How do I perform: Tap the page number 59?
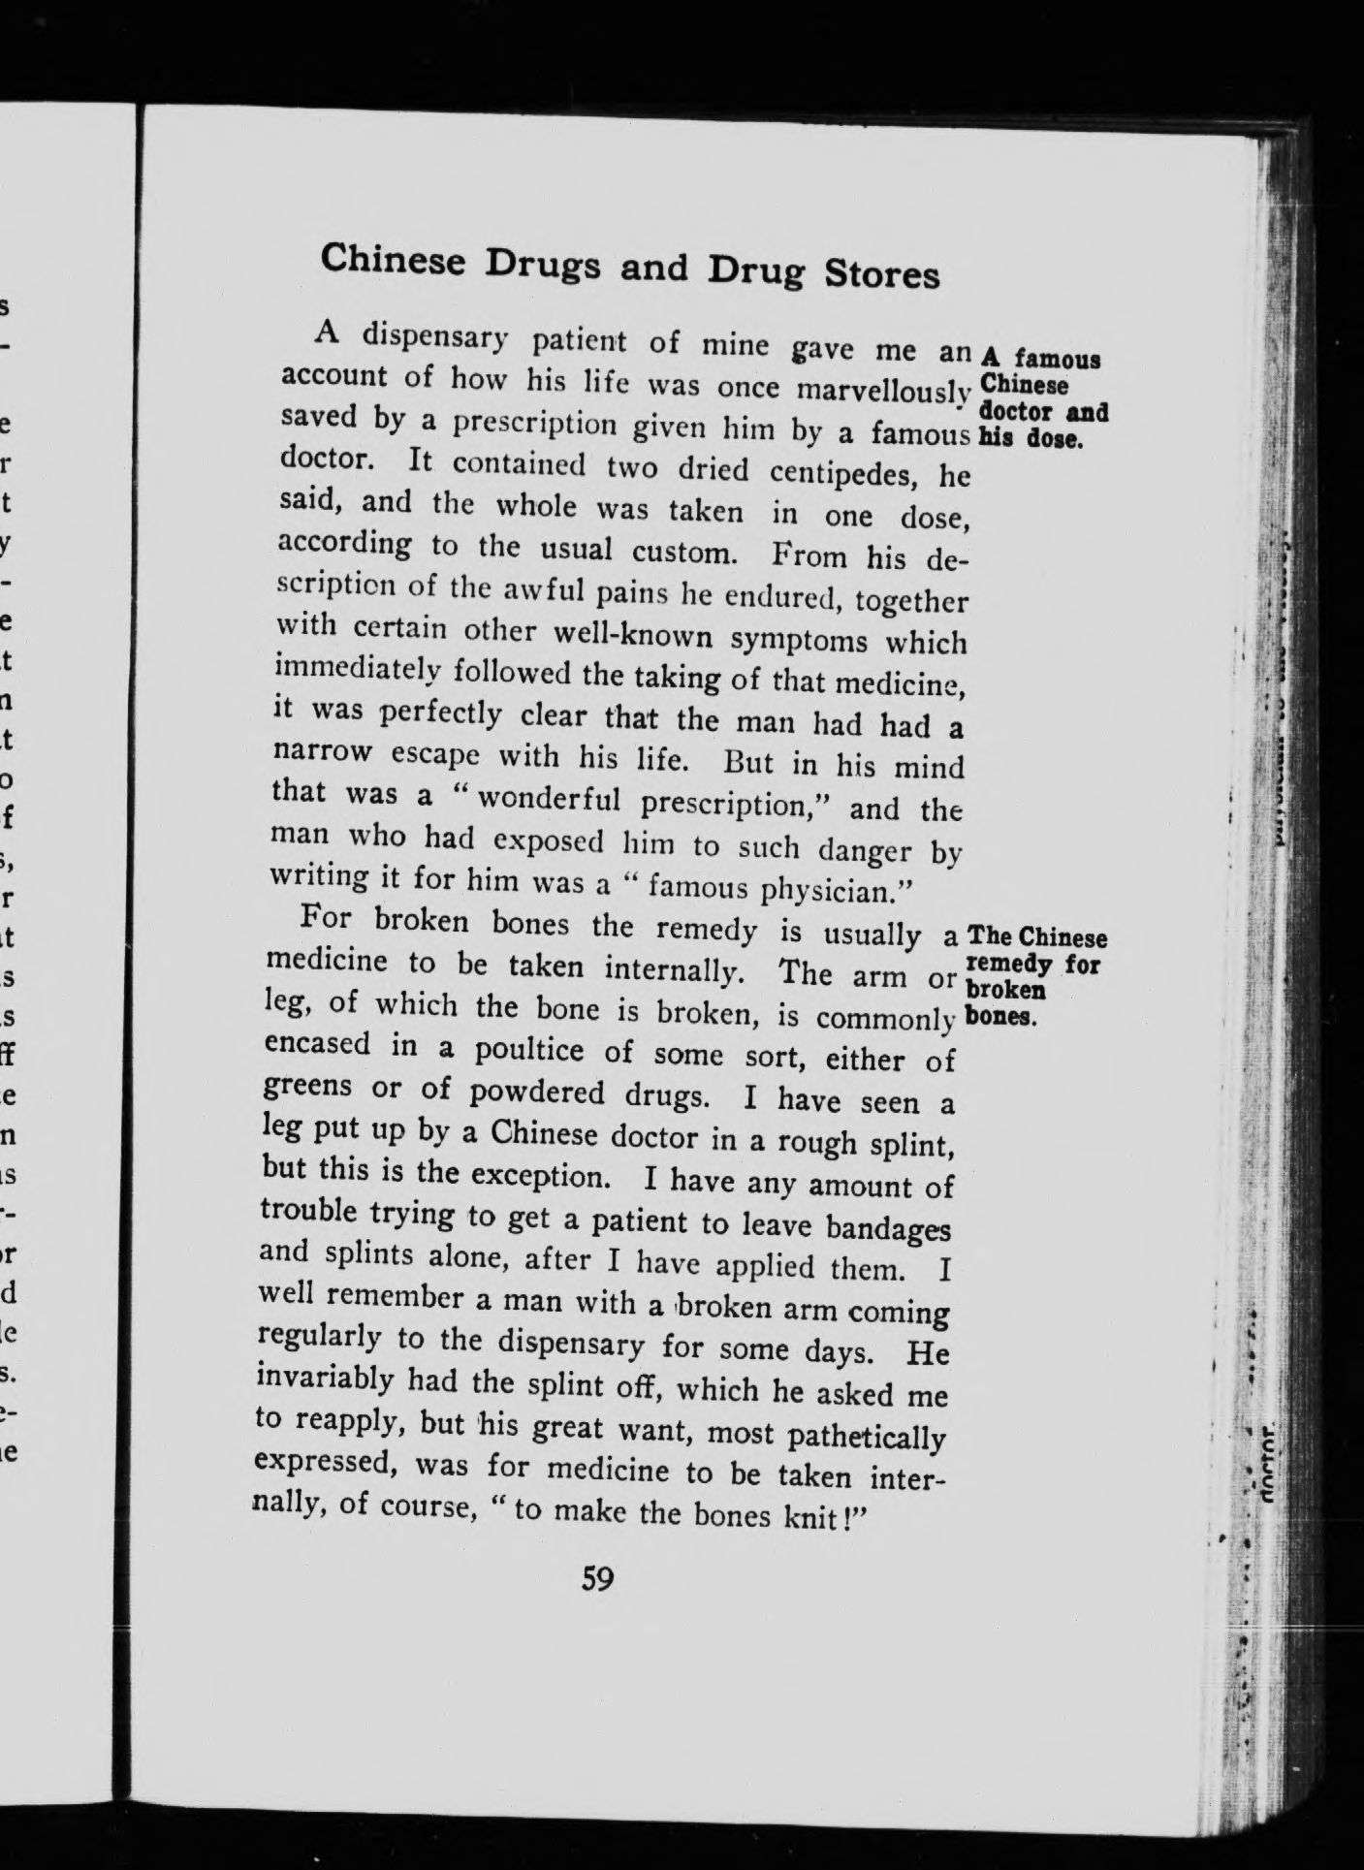click(x=596, y=1579)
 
